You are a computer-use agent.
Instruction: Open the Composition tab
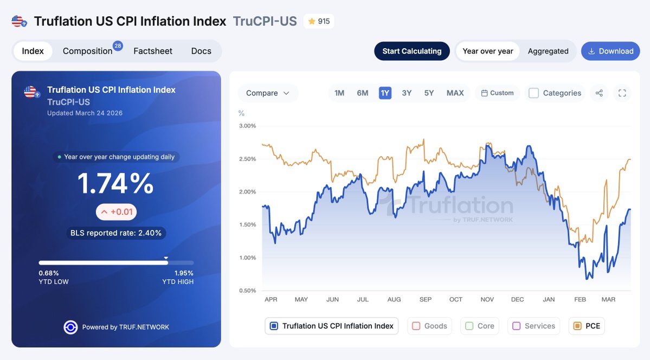(88, 51)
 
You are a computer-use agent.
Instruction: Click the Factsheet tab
(153, 51)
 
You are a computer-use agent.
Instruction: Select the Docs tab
(201, 51)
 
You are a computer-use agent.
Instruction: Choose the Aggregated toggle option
(548, 51)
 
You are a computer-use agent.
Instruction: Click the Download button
(610, 51)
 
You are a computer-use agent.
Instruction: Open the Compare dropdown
(268, 93)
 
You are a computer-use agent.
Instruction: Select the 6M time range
(363, 93)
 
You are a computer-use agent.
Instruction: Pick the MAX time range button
(455, 93)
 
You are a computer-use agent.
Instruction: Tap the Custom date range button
(497, 93)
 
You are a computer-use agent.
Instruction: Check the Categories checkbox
(534, 93)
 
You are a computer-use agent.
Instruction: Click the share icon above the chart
(599, 93)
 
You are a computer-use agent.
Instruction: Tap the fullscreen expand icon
(622, 93)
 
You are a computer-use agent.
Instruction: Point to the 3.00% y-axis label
(247, 126)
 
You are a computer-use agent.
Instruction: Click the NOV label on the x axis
(487, 299)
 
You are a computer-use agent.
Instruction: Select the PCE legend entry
(587, 326)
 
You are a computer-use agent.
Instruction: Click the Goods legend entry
(430, 326)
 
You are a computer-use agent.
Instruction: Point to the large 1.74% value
(115, 183)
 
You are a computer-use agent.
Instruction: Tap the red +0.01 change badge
(116, 211)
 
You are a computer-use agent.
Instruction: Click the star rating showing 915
(319, 21)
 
